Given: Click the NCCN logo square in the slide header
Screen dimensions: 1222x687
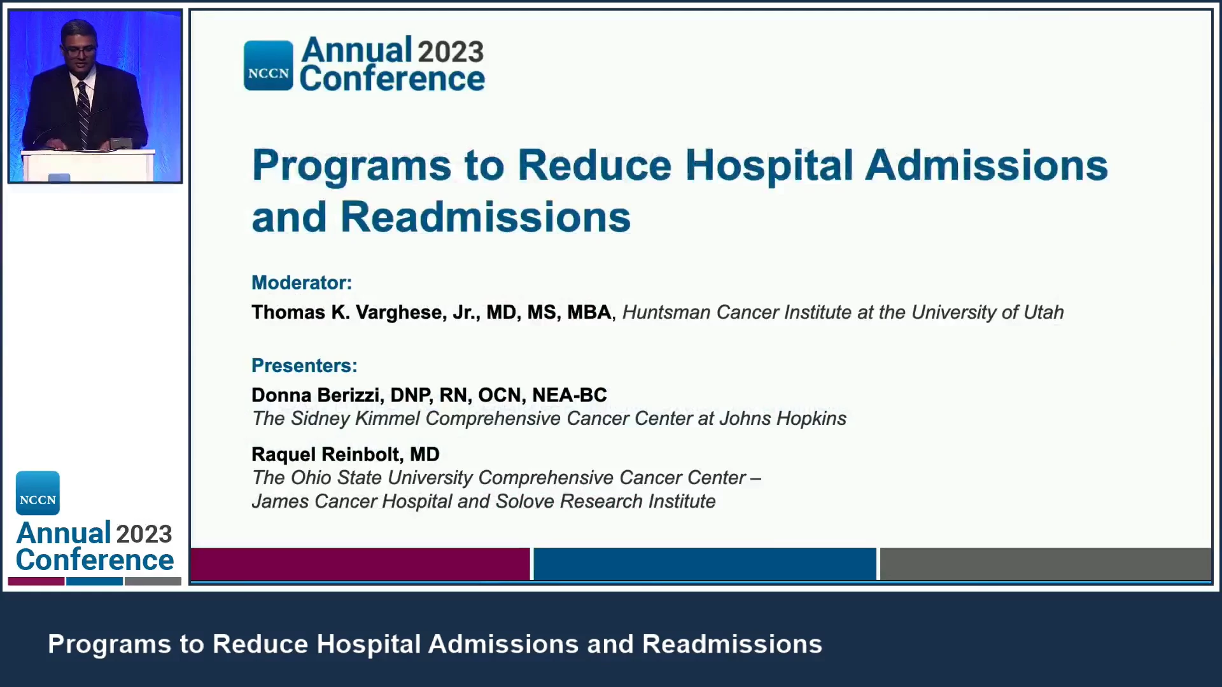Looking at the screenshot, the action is [x=269, y=66].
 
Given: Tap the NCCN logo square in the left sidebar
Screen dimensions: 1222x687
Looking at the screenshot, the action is [x=38, y=493].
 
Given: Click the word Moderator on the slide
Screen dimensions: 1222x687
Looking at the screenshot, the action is [x=299, y=282].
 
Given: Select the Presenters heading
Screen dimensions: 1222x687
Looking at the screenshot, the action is [x=304, y=365].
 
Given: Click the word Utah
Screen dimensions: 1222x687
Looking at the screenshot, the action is [x=1044, y=312].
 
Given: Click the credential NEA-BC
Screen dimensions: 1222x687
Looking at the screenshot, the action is [x=570, y=395].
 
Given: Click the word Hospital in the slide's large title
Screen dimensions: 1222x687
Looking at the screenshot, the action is [x=769, y=165].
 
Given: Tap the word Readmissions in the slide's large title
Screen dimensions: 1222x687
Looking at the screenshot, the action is [x=486, y=218].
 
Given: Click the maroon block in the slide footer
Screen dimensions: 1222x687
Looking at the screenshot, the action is [x=360, y=564].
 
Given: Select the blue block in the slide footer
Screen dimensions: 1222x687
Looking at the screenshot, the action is [x=705, y=564].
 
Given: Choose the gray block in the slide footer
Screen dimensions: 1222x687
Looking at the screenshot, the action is [x=1046, y=564].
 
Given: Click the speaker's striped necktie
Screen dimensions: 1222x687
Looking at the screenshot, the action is [x=83, y=114].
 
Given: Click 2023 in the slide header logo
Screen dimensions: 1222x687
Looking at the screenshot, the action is [x=451, y=52].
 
